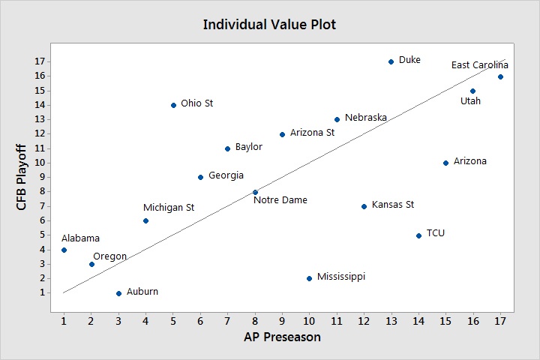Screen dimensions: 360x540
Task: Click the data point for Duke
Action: [391, 61]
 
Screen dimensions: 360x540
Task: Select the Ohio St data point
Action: [173, 105]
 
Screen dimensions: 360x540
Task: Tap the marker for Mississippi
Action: [309, 278]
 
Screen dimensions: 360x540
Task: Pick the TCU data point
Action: [418, 235]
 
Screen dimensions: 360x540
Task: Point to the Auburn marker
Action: [118, 293]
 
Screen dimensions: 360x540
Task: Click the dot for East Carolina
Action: [500, 76]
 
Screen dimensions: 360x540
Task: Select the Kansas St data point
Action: [364, 206]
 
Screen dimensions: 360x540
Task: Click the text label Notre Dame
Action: [280, 200]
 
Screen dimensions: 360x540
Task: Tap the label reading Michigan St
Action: [169, 207]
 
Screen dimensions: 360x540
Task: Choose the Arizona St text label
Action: [312, 133]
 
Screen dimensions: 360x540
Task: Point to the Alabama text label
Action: [80, 238]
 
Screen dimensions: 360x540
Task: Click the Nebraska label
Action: [366, 118]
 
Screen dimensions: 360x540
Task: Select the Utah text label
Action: [470, 100]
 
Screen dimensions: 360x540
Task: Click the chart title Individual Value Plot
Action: [269, 25]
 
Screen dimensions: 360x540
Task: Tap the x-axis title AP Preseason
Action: [282, 337]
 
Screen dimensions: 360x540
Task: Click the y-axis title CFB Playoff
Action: [22, 178]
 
